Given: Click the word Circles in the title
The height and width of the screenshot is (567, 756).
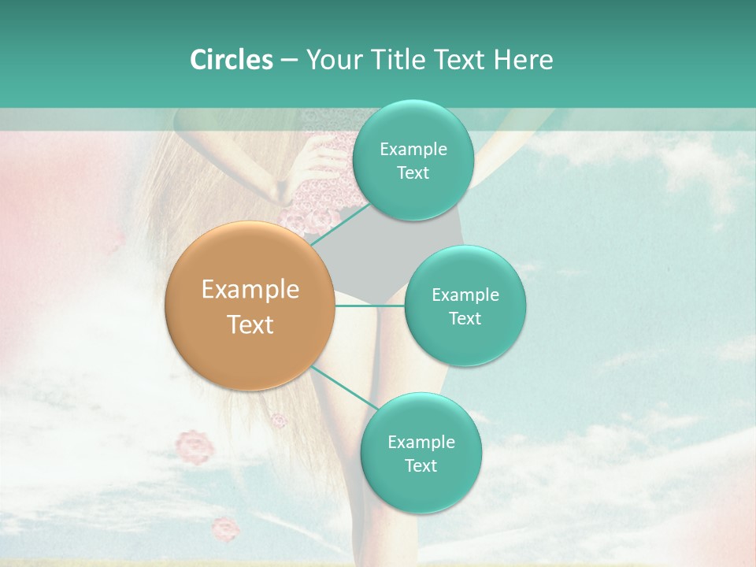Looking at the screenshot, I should (232, 60).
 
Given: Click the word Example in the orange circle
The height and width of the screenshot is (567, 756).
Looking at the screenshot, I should (250, 290).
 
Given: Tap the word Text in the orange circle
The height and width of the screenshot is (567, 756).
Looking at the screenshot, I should (250, 324).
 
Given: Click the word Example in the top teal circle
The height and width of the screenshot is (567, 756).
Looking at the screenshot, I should (413, 150).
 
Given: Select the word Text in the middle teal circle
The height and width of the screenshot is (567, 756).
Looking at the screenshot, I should (465, 318).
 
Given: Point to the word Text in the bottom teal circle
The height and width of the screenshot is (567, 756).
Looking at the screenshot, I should (421, 465).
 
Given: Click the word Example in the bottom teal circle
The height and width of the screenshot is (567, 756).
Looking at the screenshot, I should (421, 442).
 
